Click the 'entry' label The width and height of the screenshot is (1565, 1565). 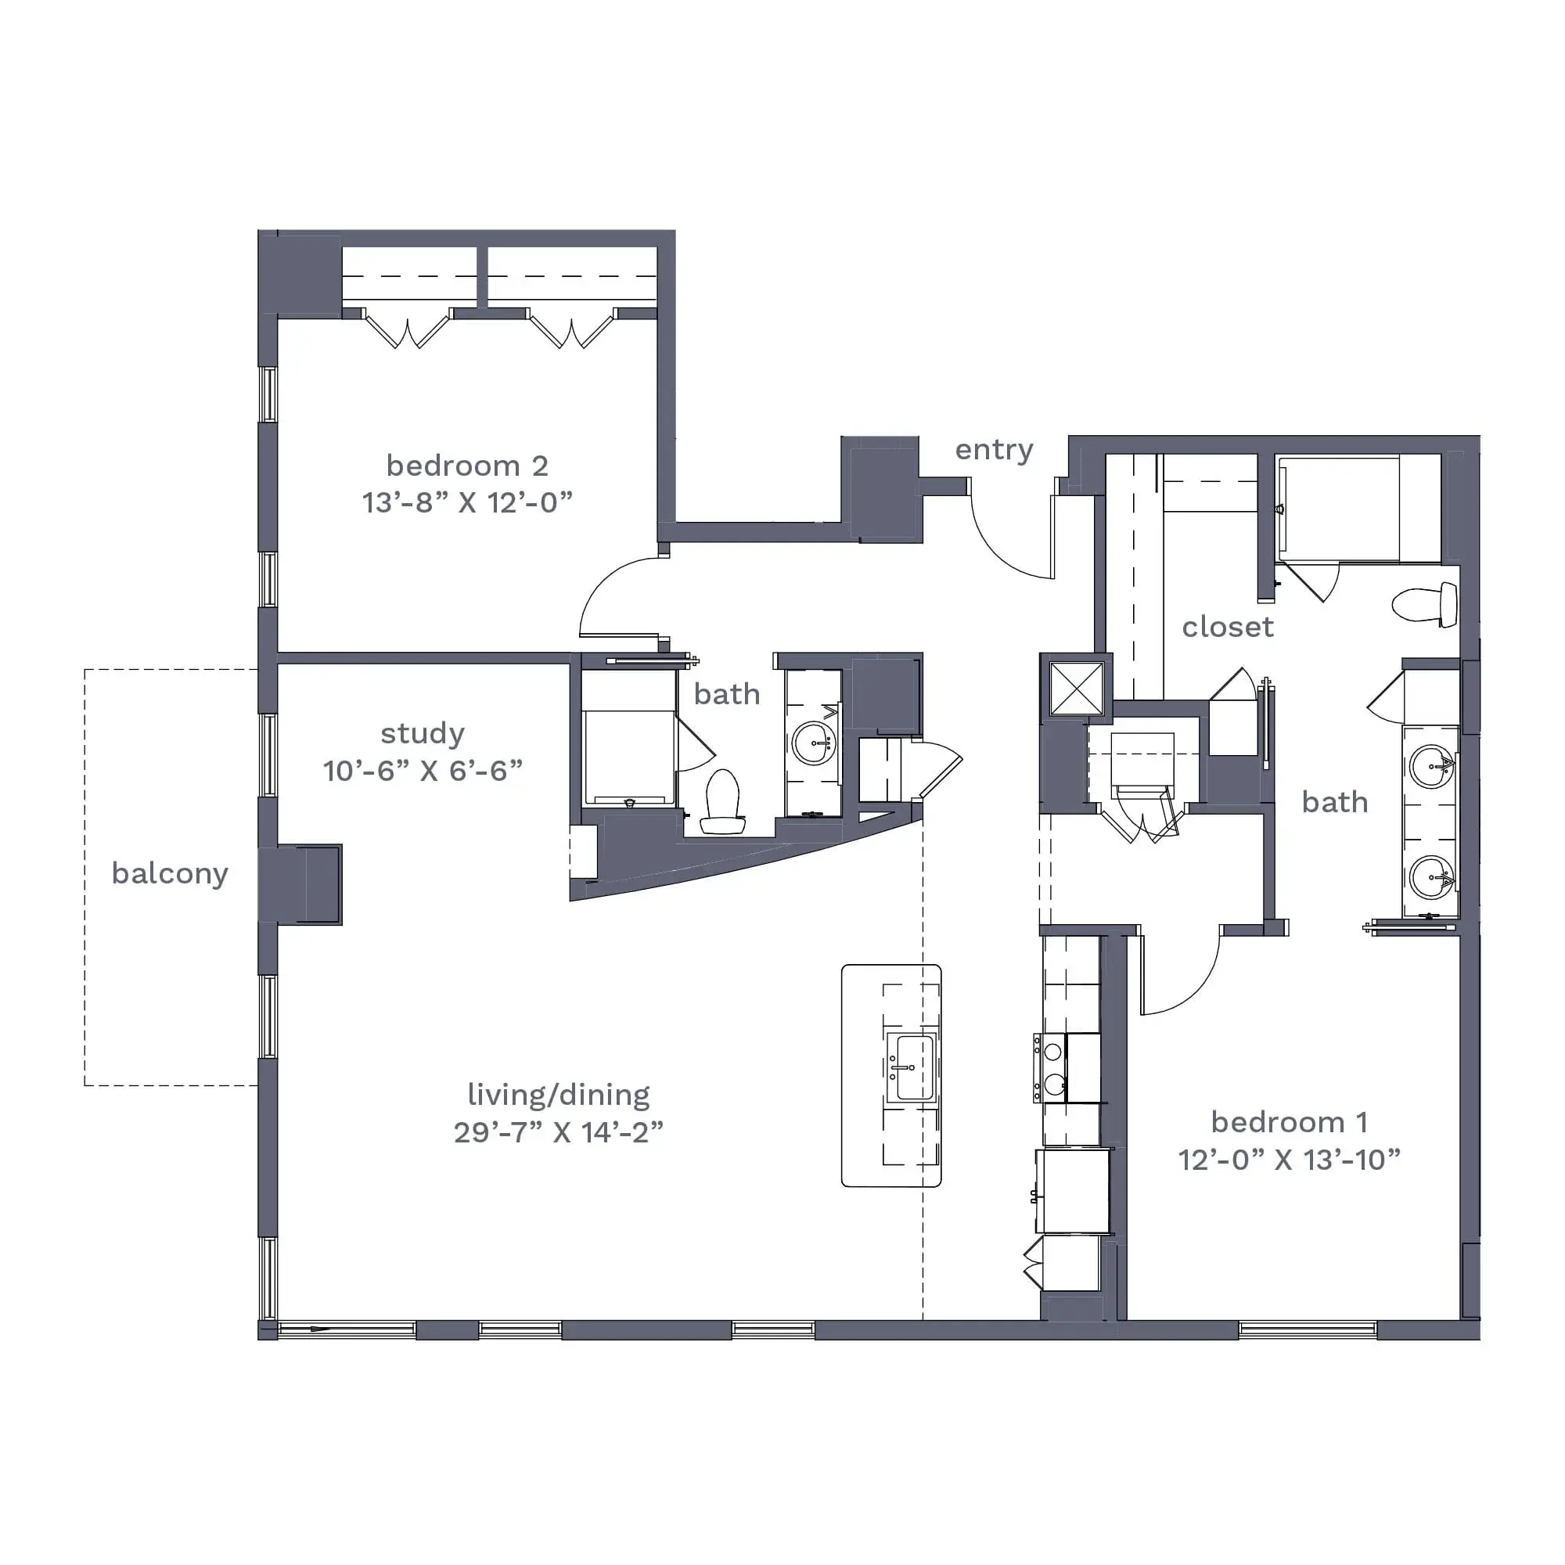pyautogui.click(x=994, y=451)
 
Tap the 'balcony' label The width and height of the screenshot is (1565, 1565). pyautogui.click(x=170, y=874)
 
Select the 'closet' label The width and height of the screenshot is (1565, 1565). pyautogui.click(x=1227, y=627)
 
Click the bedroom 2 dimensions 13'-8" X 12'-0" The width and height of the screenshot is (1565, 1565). pyautogui.click(x=467, y=503)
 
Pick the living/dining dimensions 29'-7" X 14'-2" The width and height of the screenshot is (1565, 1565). pyautogui.click(x=559, y=1132)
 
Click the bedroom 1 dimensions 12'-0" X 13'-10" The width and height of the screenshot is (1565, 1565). pyautogui.click(x=1290, y=1160)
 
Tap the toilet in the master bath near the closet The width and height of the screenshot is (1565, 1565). pyautogui.click(x=1425, y=604)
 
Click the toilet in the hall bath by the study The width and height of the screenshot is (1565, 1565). pyautogui.click(x=722, y=801)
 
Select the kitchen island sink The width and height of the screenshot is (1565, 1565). pyautogui.click(x=912, y=1067)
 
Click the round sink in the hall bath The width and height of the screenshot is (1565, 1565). pyautogui.click(x=812, y=742)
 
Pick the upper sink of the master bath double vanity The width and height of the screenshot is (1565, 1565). pyautogui.click(x=1431, y=765)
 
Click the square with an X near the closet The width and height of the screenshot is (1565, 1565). pyautogui.click(x=1077, y=689)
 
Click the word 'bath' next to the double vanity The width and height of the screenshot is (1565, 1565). pyautogui.click(x=1334, y=803)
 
